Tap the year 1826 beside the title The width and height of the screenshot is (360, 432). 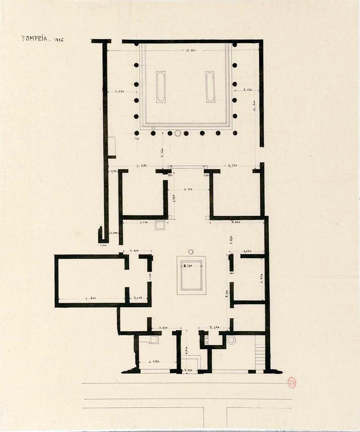59,40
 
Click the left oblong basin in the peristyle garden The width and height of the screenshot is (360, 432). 161,87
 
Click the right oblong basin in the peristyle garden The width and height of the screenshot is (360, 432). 210,87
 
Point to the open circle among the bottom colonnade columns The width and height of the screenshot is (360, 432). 178,133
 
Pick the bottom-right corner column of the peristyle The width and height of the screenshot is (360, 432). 235,133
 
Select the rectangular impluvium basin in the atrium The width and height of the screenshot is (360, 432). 191,275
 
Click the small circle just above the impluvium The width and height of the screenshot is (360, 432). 191,252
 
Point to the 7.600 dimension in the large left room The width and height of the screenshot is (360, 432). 90,298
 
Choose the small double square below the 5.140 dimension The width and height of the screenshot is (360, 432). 160,225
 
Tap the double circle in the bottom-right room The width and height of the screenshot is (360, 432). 231,340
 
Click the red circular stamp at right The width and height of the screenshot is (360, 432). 291,383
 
